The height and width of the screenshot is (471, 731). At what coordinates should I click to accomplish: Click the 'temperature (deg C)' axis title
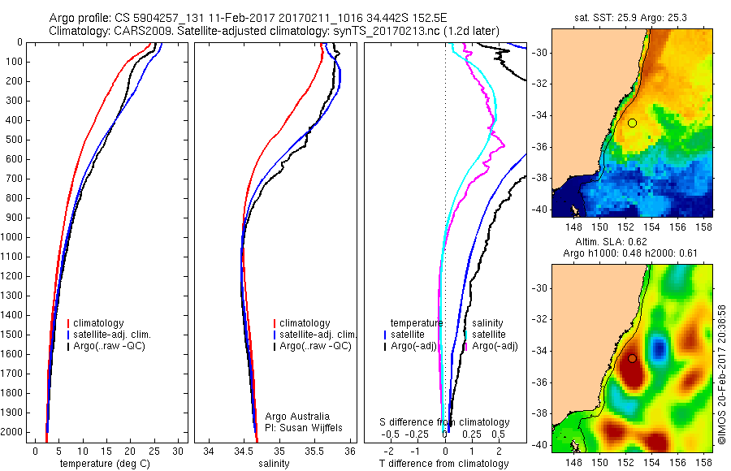(102, 464)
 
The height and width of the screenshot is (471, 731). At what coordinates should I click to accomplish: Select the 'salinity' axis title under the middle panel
(274, 464)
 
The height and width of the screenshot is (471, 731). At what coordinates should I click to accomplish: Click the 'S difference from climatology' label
(445, 422)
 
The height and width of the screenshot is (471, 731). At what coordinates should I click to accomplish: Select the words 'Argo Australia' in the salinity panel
(297, 416)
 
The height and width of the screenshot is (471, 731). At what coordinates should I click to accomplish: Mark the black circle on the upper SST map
(632, 123)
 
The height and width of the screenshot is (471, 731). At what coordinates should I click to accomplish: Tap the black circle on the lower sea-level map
(632, 358)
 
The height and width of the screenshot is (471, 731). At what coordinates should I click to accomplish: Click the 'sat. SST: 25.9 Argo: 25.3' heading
(633, 16)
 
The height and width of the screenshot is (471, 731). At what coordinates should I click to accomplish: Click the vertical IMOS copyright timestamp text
(721, 374)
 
